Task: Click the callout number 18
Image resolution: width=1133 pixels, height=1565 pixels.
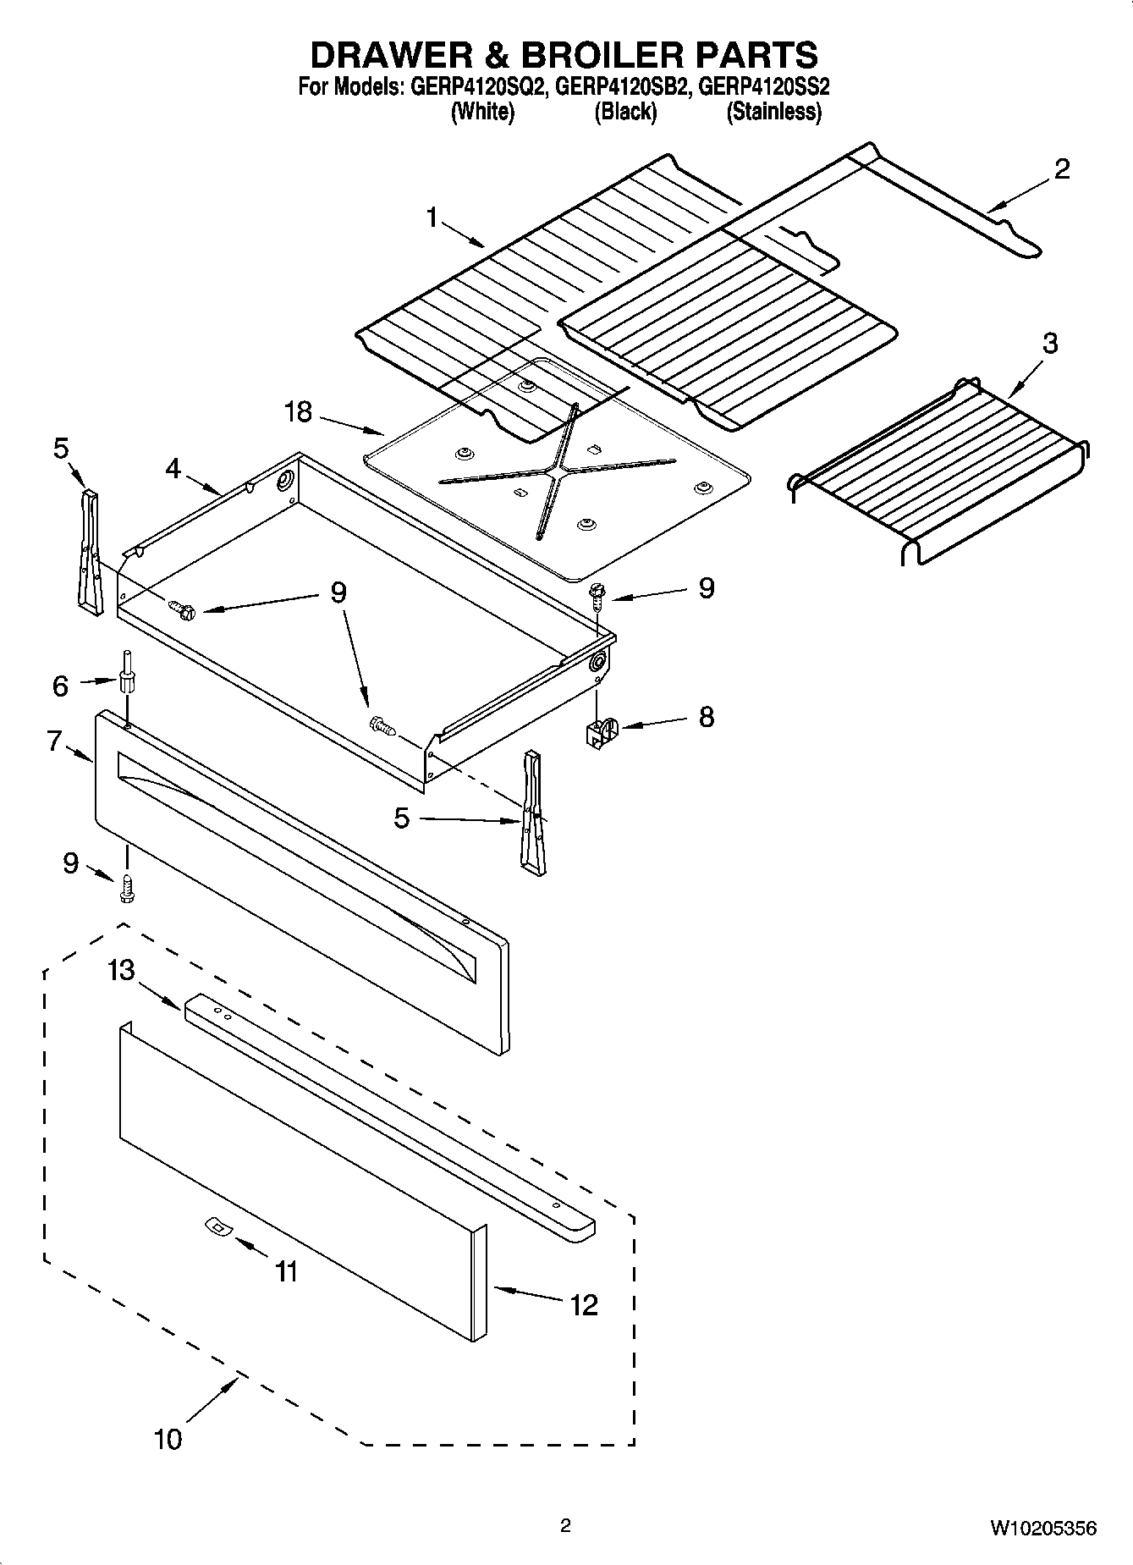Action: [299, 412]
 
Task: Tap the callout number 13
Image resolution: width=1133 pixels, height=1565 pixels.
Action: [121, 970]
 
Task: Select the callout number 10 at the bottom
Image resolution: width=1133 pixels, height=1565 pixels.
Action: [168, 1438]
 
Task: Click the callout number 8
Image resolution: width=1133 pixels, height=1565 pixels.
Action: [706, 717]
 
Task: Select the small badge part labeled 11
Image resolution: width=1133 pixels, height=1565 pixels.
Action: [217, 1227]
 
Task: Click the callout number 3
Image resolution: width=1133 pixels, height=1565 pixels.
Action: [1049, 344]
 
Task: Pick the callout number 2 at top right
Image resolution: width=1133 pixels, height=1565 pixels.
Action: [1062, 169]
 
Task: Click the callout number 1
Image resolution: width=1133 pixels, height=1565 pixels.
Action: [432, 218]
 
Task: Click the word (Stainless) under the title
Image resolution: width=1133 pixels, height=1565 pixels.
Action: [773, 112]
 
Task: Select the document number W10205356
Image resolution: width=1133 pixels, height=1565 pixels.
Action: [1043, 1528]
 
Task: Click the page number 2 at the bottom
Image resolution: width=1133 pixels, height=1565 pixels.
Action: [565, 1526]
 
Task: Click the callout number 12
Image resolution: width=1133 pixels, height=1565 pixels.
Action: [584, 1304]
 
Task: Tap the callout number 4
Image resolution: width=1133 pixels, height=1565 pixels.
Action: [173, 468]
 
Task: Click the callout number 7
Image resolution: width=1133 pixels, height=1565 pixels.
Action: [54, 741]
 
